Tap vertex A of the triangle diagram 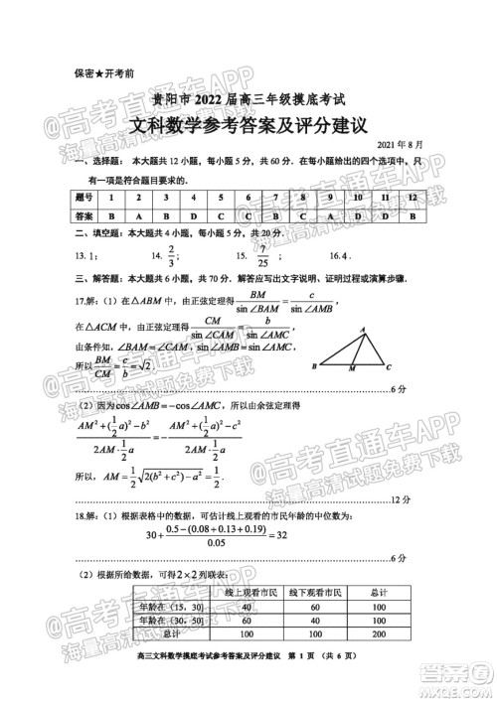point(362,330)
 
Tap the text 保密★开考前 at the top point(104,72)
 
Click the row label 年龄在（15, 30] point(162,607)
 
